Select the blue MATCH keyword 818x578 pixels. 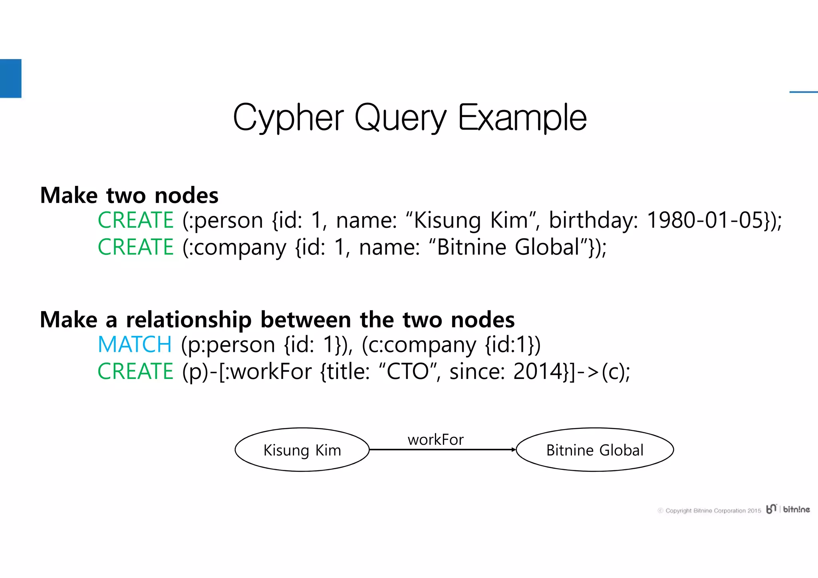tap(135, 344)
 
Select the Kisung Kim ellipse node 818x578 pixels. tap(302, 450)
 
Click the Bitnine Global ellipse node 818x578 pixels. tap(595, 450)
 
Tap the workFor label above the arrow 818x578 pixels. tap(435, 440)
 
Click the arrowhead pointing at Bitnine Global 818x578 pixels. tap(513, 450)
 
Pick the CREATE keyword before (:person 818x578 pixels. tap(136, 220)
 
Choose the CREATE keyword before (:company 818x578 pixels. tap(136, 247)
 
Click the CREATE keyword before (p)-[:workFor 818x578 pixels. tap(136, 371)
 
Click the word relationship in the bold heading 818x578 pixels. tap(189, 320)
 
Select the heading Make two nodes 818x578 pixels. tap(129, 195)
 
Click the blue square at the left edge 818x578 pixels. tap(10, 78)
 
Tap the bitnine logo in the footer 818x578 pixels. tap(788, 509)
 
